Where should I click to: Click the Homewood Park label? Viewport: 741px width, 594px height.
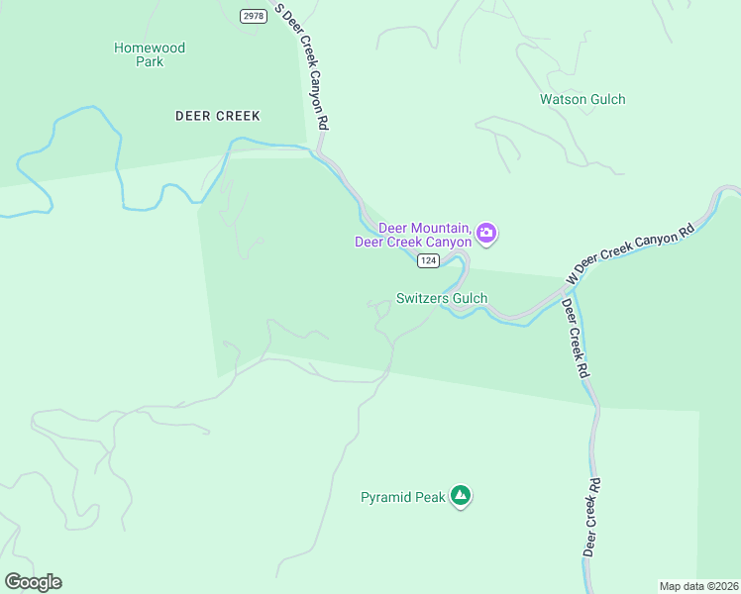click(x=150, y=54)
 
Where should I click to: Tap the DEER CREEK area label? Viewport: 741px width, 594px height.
click(x=217, y=116)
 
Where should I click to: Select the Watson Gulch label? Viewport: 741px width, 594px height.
click(x=582, y=99)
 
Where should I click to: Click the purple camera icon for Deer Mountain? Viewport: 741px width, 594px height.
click(x=486, y=234)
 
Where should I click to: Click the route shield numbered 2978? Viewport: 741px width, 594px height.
click(x=254, y=15)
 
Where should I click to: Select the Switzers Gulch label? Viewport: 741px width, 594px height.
click(x=441, y=298)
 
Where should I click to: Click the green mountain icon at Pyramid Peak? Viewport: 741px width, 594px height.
click(x=460, y=496)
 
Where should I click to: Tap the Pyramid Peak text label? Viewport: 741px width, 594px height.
click(x=403, y=497)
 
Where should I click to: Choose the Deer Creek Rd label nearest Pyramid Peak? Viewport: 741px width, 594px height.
click(x=591, y=518)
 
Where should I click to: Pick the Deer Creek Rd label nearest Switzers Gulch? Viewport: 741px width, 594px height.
click(x=577, y=340)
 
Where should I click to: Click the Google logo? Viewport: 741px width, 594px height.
click(x=33, y=582)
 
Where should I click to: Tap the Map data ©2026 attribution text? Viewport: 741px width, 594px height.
click(x=698, y=585)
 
